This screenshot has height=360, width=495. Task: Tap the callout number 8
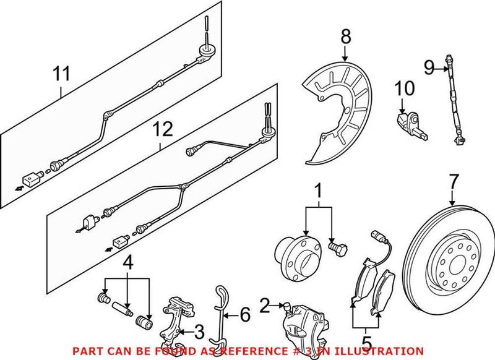point(345,36)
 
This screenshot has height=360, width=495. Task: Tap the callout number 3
point(199,333)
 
